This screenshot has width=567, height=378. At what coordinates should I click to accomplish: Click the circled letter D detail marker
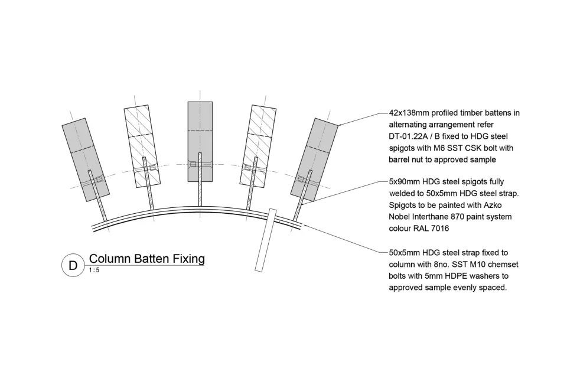(x=73, y=265)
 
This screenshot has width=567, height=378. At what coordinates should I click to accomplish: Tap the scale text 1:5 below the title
(x=94, y=271)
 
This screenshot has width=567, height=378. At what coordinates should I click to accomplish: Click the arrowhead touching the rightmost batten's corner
(x=340, y=124)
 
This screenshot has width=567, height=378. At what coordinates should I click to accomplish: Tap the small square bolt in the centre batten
(x=193, y=163)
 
